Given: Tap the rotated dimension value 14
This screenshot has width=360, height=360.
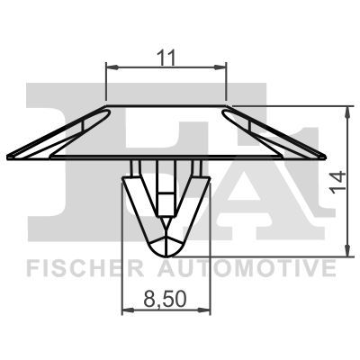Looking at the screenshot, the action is [x=337, y=182].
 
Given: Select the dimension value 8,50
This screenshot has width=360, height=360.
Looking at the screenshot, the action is [x=166, y=299].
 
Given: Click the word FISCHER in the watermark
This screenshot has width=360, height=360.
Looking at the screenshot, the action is [x=85, y=268].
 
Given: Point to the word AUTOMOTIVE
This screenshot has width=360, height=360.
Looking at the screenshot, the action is [x=247, y=268].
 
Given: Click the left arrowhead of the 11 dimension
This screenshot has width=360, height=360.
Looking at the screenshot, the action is [x=112, y=67].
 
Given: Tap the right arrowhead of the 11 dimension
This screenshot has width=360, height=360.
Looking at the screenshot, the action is [x=220, y=67].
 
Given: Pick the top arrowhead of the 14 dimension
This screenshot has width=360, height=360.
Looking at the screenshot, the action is [x=347, y=112].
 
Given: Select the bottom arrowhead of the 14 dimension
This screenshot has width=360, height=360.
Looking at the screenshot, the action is [x=347, y=251].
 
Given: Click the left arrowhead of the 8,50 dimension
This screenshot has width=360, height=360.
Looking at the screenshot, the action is [x=128, y=310].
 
